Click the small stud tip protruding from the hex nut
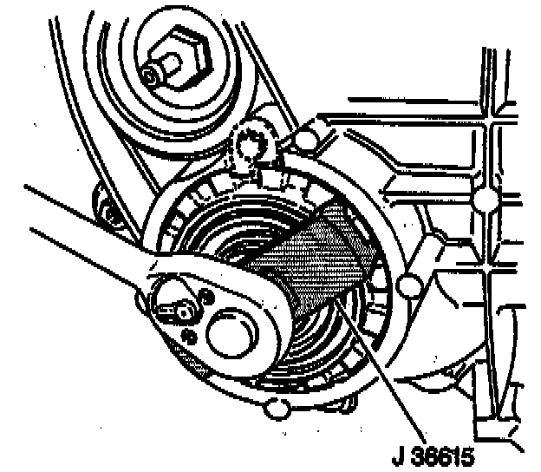153,76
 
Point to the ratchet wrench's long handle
69,226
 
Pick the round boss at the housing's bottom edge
278,405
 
